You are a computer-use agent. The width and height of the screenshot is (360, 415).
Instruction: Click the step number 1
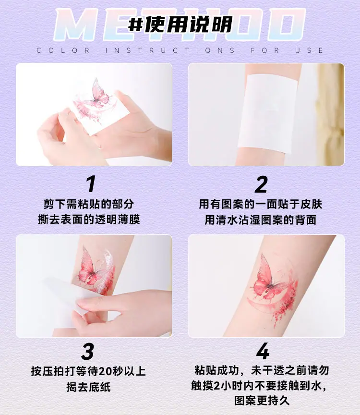click(91, 184)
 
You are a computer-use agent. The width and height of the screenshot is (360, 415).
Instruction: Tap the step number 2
click(261, 184)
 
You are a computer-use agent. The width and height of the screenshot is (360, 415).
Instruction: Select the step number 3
click(87, 351)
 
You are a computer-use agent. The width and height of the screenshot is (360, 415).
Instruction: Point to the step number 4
click(263, 351)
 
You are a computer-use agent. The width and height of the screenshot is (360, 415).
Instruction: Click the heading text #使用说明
click(180, 24)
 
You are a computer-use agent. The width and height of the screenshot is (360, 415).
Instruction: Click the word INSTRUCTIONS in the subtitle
click(170, 50)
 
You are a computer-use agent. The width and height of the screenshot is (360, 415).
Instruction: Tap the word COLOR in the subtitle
click(63, 50)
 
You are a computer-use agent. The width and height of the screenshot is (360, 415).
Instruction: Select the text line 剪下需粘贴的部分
click(89, 204)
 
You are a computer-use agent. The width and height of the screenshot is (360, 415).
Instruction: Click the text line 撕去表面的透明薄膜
click(89, 220)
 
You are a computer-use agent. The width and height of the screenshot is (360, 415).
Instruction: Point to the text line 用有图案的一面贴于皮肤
click(261, 204)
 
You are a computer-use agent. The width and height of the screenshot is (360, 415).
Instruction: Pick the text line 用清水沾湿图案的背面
click(261, 220)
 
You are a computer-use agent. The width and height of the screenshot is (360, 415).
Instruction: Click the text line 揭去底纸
click(89, 387)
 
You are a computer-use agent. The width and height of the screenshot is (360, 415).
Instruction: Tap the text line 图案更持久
click(262, 401)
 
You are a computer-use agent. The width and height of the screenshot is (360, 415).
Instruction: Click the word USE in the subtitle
click(310, 50)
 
